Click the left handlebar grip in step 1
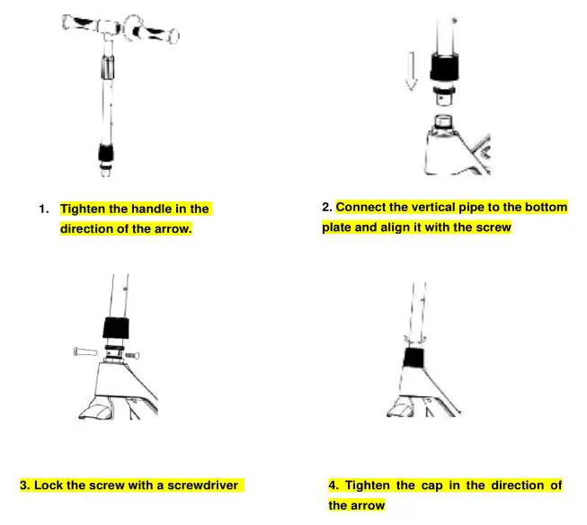(80, 24)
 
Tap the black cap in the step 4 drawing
(414, 358)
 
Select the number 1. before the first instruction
(43, 209)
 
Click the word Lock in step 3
(49, 485)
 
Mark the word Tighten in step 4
(369, 485)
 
